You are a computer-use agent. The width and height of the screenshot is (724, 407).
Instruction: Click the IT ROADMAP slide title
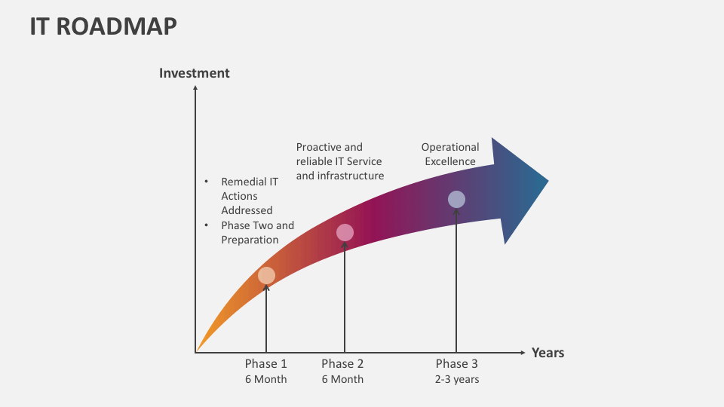103,26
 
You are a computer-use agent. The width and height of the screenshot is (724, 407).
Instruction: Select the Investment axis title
195,73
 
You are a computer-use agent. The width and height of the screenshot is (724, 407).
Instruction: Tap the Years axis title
548,353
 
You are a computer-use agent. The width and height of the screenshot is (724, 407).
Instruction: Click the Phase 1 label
266,363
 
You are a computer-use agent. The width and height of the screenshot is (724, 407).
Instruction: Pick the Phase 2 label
342,363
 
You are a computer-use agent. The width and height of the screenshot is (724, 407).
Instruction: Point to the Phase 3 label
457,363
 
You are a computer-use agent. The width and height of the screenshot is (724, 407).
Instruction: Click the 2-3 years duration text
457,379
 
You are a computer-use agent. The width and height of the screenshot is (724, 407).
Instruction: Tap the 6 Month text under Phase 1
266,379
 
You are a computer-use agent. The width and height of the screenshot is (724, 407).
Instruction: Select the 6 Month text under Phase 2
342,379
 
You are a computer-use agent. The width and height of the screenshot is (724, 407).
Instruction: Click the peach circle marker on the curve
266,276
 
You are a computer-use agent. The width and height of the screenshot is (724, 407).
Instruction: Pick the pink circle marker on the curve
345,233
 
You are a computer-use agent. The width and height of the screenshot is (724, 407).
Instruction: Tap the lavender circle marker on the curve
457,199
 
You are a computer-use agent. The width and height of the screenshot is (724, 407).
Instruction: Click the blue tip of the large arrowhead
548,181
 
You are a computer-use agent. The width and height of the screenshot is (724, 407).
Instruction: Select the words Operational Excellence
450,154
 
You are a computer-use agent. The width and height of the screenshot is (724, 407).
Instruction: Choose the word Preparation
250,240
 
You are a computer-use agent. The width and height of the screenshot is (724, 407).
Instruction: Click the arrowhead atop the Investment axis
195,88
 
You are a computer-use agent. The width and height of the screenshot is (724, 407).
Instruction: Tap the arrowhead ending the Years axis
523,353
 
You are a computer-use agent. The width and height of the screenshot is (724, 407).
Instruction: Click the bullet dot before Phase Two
206,225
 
